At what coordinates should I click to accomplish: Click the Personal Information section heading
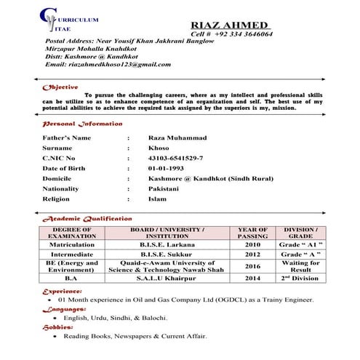[82, 124]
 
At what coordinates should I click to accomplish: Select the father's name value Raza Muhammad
[177, 137]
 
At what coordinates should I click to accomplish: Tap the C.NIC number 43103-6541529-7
[175, 158]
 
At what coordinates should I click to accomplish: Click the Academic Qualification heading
[87, 218]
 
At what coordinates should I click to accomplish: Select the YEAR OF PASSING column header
[252, 233]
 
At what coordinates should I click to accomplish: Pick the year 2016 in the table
[252, 267]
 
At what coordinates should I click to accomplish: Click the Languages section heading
[64, 309]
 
